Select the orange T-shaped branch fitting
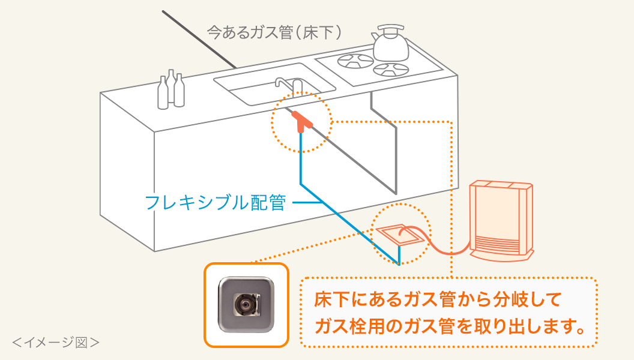[x=302, y=122]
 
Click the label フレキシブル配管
[x=215, y=202]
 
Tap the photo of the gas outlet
[x=246, y=305]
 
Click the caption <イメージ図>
[x=55, y=343]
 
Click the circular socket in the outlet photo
[x=246, y=305]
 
